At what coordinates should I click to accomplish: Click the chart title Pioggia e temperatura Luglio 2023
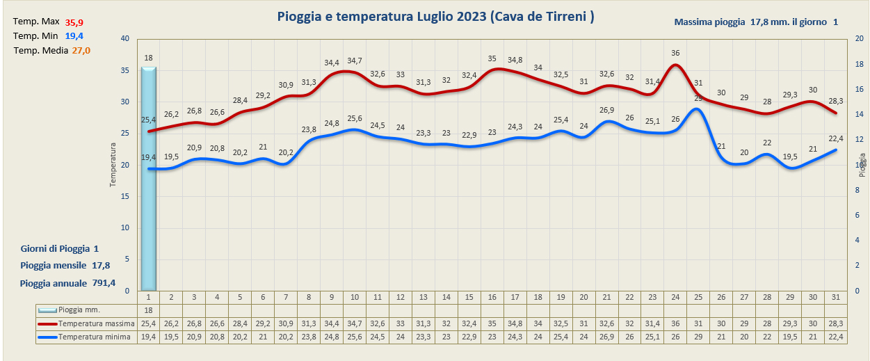pos(435,17)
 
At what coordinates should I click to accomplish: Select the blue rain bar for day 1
pos(148,181)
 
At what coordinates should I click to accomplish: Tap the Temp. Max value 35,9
pos(74,23)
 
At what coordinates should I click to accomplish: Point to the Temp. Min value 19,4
pos(74,36)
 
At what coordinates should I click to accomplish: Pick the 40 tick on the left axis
pos(125,39)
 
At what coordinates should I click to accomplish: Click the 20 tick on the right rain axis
pos(859,39)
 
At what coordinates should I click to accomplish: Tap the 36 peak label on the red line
pos(675,53)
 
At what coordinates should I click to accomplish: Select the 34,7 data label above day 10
pos(355,61)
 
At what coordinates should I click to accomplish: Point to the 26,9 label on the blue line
pos(606,110)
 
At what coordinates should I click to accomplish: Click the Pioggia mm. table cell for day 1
pos(148,310)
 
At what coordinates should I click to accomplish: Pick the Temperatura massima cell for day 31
pos(836,323)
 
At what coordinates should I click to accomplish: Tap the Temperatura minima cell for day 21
pos(606,337)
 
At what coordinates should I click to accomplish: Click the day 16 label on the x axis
pos(492,297)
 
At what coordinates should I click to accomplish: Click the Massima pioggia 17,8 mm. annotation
pos(756,22)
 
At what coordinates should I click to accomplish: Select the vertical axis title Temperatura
pos(113,165)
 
